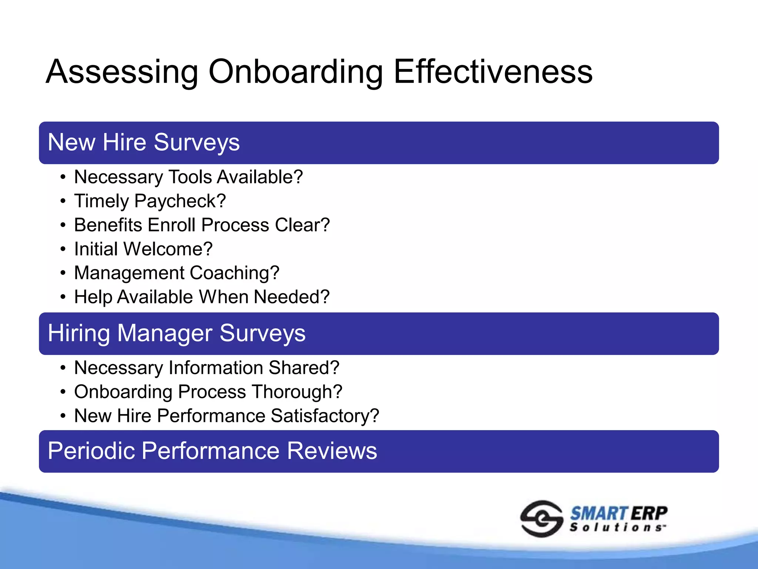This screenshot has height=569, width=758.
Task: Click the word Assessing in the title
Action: point(122,72)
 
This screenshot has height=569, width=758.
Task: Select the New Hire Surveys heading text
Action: point(144,143)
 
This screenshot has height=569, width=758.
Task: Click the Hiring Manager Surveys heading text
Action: point(177,333)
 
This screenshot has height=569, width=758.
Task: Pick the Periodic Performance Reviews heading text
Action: point(212,451)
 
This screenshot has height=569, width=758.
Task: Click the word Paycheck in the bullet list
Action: point(180,202)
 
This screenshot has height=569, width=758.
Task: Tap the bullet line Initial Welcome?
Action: point(143,249)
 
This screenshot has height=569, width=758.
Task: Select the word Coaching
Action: point(234,273)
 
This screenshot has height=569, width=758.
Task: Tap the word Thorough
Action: point(298,392)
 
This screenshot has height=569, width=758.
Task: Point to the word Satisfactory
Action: point(325,416)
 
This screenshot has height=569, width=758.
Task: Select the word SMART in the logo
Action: point(599,514)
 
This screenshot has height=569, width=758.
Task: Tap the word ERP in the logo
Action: point(648,514)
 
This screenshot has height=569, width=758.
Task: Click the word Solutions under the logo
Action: point(617,528)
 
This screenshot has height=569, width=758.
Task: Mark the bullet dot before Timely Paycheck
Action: point(63,202)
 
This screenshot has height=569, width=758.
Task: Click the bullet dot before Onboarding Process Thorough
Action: point(63,392)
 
